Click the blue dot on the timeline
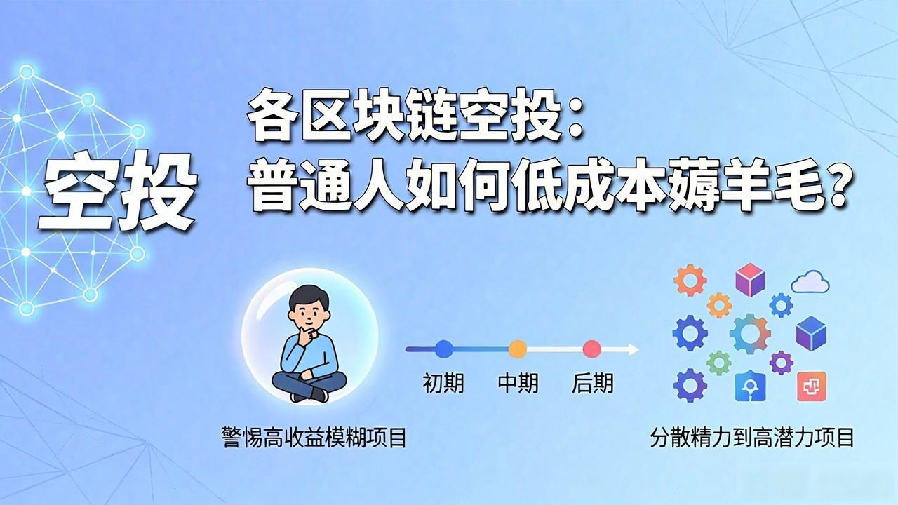click(444, 349)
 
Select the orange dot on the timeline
click(518, 349)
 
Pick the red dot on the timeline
click(591, 349)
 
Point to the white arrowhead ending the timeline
click(634, 349)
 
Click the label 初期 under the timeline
click(443, 384)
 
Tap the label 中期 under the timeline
click(518, 383)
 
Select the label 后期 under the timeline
click(593, 384)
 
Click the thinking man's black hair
click(309, 297)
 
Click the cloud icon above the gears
click(810, 282)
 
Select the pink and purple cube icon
click(750, 280)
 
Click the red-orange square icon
click(812, 386)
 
